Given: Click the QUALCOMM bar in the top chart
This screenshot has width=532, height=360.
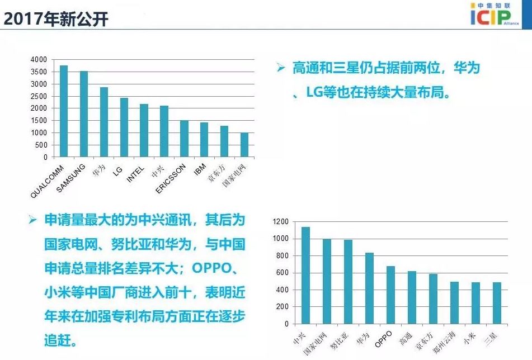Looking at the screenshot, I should (x=64, y=111).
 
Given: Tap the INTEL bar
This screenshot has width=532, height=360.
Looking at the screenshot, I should (x=144, y=130).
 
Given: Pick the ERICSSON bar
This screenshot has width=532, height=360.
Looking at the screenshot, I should (x=184, y=139).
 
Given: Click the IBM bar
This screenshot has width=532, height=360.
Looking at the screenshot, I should (x=204, y=140).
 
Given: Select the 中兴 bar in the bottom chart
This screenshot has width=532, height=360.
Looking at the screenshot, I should (x=305, y=276).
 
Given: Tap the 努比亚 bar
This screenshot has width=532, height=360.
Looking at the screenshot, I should (x=348, y=282).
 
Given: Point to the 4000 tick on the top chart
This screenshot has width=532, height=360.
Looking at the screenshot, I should (x=39, y=60).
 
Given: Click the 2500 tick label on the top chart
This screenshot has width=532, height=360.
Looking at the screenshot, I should (x=39, y=96).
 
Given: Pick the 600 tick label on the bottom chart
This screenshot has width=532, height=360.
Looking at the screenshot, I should (x=283, y=273).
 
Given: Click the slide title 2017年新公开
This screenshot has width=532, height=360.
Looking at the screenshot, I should (x=56, y=19).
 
